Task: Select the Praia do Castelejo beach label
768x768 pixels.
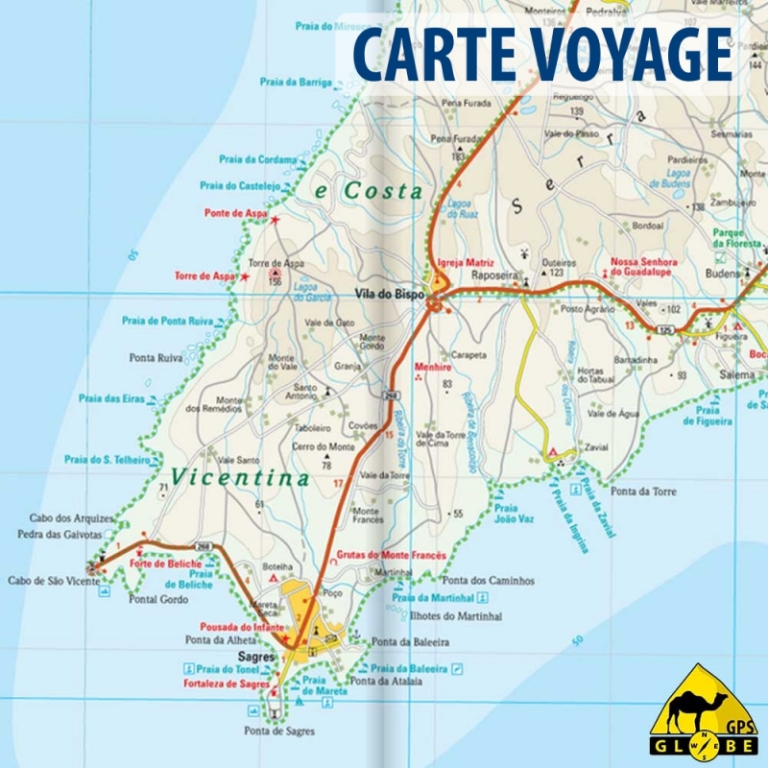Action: [x=240, y=185]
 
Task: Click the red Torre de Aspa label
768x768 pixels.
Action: [x=204, y=276]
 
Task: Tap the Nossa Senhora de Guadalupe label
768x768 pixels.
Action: [x=644, y=267]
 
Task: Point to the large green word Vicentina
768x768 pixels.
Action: [x=240, y=477]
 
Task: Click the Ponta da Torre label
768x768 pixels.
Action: [x=643, y=492]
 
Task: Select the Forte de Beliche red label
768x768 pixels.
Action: [x=174, y=564]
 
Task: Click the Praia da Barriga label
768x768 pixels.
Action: [x=296, y=83]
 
